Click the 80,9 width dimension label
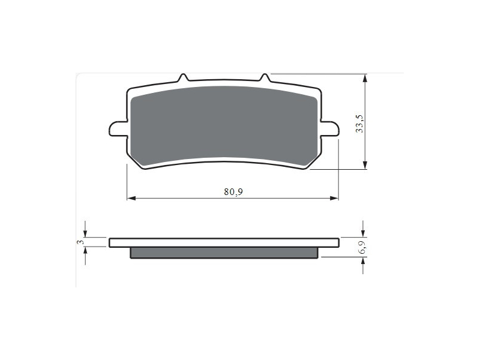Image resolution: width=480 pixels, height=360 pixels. [x=233, y=192]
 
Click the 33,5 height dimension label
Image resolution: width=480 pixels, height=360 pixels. [x=359, y=124]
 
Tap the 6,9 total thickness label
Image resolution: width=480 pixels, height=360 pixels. [x=362, y=247]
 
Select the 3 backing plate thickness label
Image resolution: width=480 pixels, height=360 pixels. [x=80, y=242]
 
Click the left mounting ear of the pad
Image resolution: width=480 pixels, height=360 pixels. [x=118, y=128]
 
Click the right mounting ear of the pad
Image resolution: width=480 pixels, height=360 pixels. [x=329, y=128]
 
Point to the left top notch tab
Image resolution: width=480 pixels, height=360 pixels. [x=183, y=78]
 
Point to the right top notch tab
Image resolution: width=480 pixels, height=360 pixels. [x=265, y=78]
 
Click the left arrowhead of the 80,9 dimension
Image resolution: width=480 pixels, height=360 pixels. [x=131, y=199]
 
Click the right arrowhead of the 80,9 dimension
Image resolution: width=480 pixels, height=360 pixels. [x=334, y=199]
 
